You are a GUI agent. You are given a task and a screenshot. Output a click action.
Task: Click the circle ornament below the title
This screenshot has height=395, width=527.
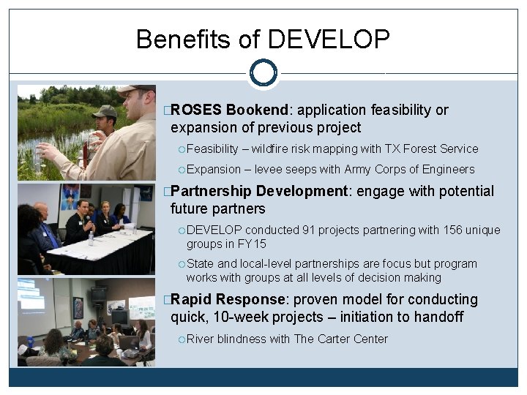coord(263,73)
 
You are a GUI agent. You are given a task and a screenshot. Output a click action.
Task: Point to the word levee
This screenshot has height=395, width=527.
coord(273,170)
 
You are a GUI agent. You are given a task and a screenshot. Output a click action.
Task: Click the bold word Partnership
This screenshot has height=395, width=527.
coord(211,192)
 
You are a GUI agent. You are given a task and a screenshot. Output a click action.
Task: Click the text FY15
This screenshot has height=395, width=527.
coord(252,244)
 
